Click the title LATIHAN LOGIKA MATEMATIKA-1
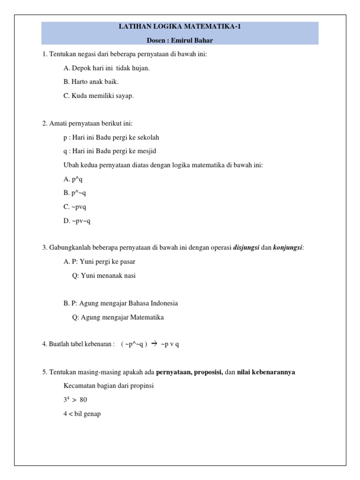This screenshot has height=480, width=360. coord(180,27)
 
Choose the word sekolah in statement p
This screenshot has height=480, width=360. coord(149,138)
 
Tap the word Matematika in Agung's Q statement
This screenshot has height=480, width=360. coord(146,317)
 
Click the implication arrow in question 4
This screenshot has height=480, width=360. coord(153,344)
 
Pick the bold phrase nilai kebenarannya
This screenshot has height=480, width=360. coord(266,372)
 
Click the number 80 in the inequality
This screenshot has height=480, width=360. coord(83,400)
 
